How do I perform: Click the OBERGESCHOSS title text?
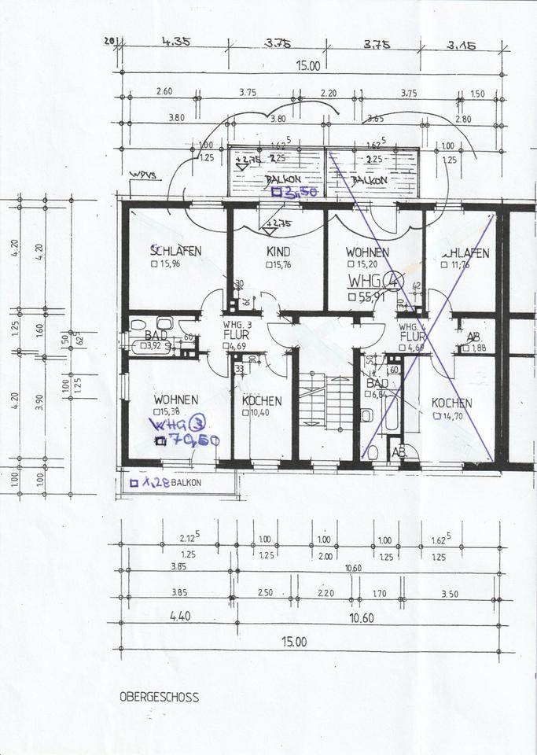[159, 697]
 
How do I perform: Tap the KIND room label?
[278, 252]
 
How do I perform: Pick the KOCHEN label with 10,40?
[261, 401]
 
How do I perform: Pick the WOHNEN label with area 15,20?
[367, 253]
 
